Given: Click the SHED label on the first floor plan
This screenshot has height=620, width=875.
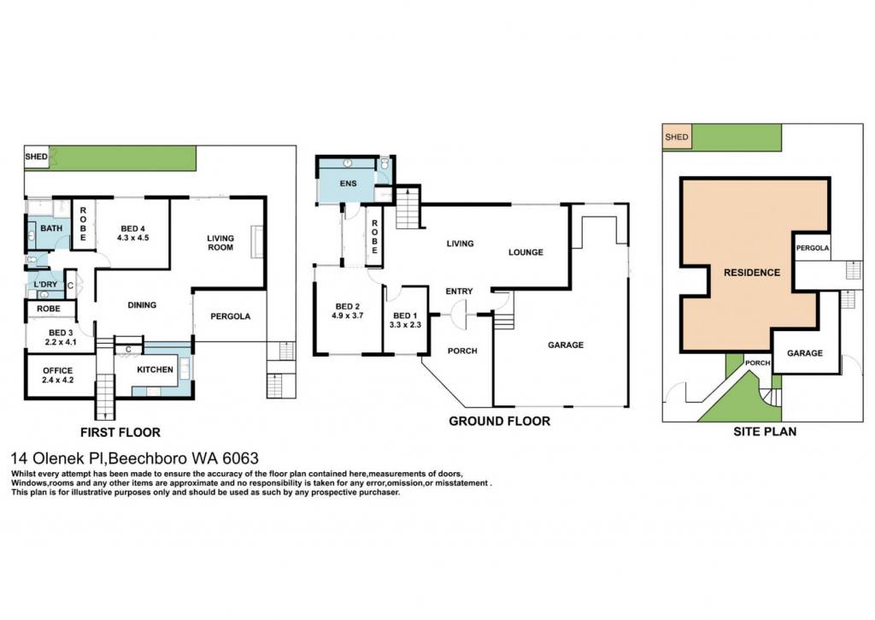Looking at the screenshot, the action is click(36, 157).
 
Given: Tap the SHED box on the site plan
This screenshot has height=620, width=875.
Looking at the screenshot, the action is click(677, 137).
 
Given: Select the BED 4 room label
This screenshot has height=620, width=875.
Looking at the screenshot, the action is click(132, 228).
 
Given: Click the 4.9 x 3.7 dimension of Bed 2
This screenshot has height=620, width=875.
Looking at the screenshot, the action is click(348, 315).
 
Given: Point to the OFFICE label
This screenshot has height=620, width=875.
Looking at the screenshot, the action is click(58, 370).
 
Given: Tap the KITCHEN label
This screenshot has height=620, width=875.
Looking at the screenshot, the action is click(156, 369).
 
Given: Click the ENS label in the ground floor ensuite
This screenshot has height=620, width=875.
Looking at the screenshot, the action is click(349, 183).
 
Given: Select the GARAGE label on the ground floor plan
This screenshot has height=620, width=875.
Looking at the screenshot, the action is click(566, 345).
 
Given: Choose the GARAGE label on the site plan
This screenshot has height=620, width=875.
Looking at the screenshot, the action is click(805, 353).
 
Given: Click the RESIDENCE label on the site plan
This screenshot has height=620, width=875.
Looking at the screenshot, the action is click(752, 273).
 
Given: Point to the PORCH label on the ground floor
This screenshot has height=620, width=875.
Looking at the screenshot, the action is click(462, 351).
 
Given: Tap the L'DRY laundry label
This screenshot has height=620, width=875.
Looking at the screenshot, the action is click(46, 284).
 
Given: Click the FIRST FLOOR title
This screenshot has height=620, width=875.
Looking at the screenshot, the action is click(120, 433).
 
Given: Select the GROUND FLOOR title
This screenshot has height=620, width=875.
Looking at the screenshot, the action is click(499, 421).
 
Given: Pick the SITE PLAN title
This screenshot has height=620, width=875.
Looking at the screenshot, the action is click(765, 431).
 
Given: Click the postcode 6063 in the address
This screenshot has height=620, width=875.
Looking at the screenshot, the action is click(240, 458).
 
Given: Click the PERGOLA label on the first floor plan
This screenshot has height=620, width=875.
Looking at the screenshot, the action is click(231, 316).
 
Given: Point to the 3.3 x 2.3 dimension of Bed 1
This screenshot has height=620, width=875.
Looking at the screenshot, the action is click(405, 324).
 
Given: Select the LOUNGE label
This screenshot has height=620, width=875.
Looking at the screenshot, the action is click(526, 252).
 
